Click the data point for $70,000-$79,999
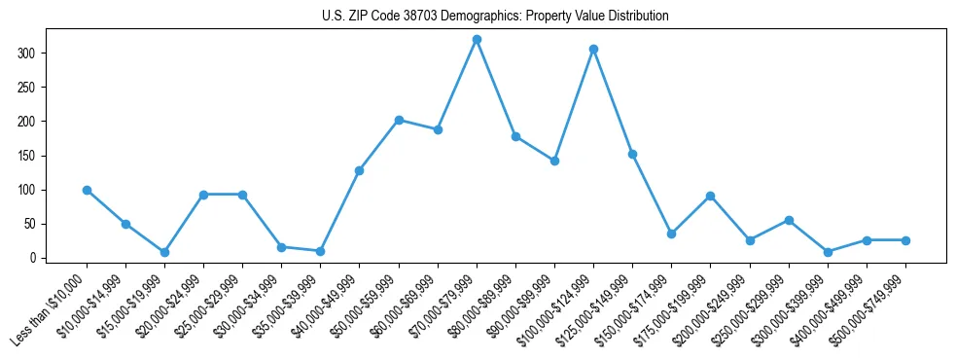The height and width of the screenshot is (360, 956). [477, 40]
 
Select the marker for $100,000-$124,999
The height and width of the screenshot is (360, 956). [593, 49]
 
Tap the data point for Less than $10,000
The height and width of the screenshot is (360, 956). [87, 190]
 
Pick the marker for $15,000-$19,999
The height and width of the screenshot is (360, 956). [164, 252]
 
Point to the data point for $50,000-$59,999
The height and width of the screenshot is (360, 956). [399, 120]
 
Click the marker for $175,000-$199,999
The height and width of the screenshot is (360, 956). [711, 196]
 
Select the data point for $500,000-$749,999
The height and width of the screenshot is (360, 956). [905, 240]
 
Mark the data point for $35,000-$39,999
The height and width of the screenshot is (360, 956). [320, 251]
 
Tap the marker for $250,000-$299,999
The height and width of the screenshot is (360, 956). [789, 220]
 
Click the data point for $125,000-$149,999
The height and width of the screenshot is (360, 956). [632, 154]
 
